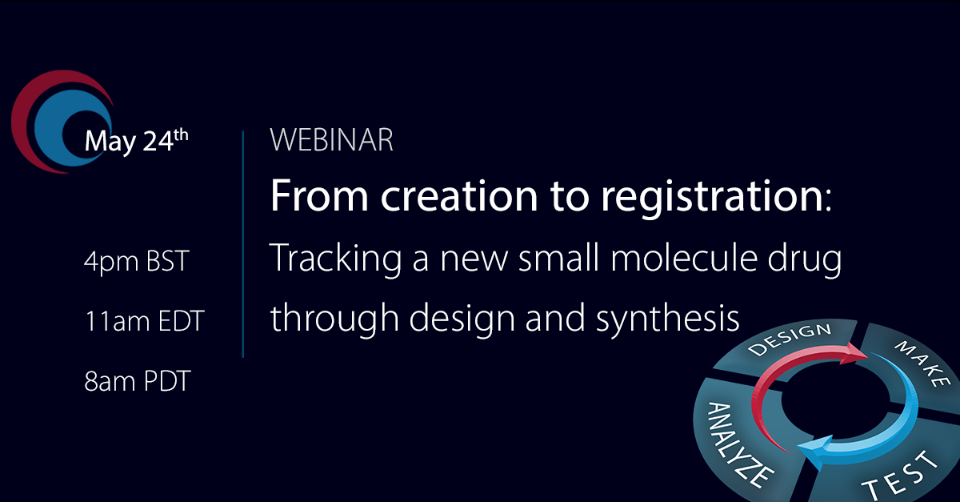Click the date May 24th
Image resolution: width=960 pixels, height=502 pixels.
[136, 141]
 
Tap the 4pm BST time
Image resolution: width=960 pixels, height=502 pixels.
[136, 262]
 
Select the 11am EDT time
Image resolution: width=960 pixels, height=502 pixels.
[145, 321]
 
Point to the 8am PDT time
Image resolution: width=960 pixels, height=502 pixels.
[137, 381]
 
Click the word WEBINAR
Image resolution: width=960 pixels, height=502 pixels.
[331, 140]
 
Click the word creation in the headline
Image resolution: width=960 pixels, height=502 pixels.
[459, 196]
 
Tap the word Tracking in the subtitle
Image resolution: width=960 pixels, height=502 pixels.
[335, 259]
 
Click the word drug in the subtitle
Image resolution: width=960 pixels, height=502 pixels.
[805, 260]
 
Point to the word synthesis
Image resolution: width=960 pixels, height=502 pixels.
[668, 319]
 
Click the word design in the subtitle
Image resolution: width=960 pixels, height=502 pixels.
[462, 319]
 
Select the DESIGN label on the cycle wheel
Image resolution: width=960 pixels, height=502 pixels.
[790, 339]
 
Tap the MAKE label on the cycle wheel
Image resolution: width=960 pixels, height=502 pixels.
[922, 363]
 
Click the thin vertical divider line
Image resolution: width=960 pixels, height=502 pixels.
[243, 243]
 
